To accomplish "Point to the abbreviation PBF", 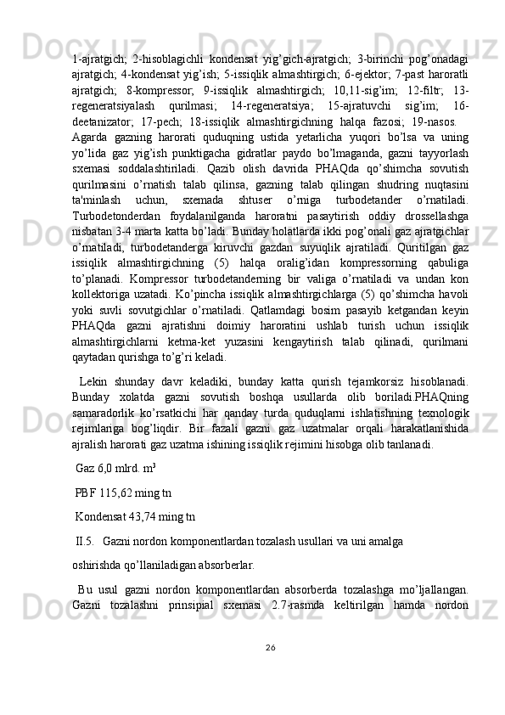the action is (x=85, y=492).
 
